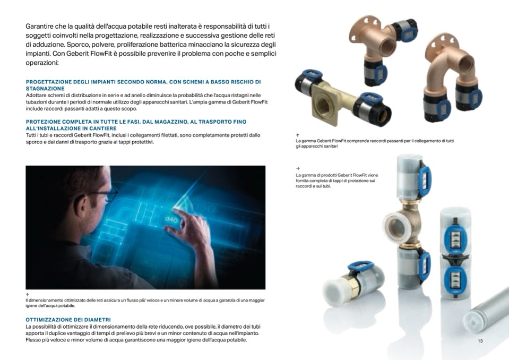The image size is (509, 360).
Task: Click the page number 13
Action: click(x=480, y=341)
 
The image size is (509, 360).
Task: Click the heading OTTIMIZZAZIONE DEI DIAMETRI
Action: click(x=68, y=320)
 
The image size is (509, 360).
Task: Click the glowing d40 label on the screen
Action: click(x=171, y=220)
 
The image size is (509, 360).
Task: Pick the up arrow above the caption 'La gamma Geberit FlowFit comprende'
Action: click(x=298, y=135)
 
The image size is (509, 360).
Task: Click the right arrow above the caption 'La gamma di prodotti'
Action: click(x=298, y=168)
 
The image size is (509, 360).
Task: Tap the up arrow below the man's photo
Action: click(x=27, y=295)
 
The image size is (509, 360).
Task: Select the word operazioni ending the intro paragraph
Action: click(x=42, y=63)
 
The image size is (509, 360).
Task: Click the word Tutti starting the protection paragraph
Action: click(x=31, y=135)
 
